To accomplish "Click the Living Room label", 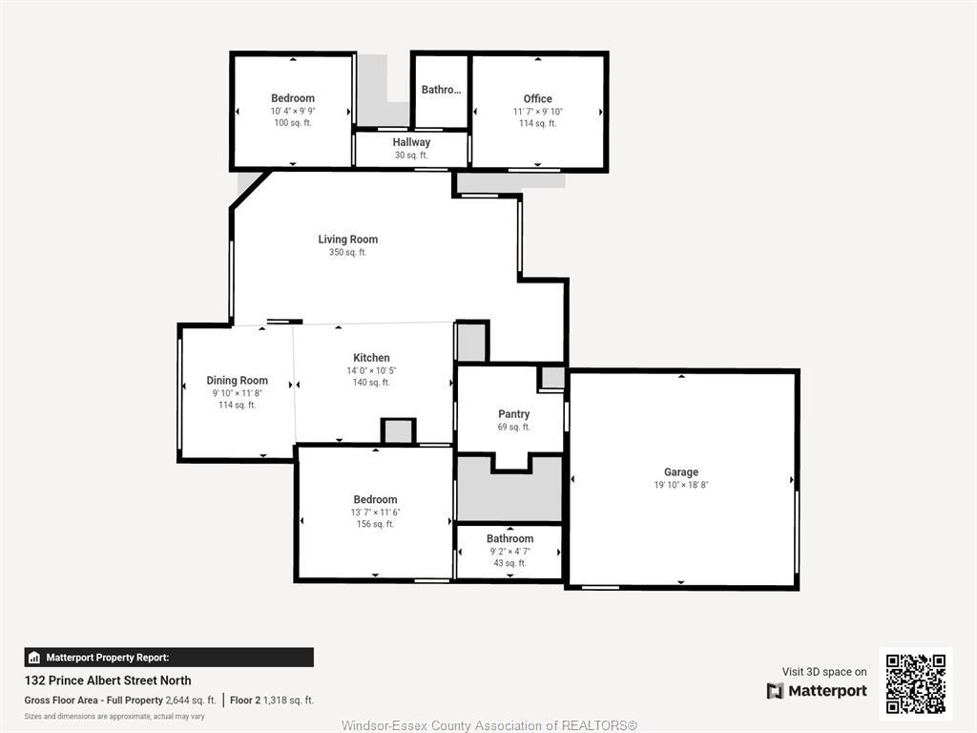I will (x=347, y=240).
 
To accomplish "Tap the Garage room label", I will (x=680, y=472).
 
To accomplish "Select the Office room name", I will (x=537, y=98).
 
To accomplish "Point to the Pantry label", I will (x=513, y=414).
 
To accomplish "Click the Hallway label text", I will (x=411, y=142).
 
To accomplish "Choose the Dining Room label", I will (x=237, y=381).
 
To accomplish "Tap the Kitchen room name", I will (x=371, y=358).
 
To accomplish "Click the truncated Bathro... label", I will (x=441, y=90).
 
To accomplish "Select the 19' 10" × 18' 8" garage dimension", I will (x=680, y=485).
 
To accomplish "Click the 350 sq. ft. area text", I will (x=347, y=253).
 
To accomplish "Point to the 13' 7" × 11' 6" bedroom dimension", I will (x=375, y=513).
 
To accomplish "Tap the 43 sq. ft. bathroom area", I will (x=509, y=563).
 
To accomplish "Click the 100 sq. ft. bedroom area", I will (x=293, y=123).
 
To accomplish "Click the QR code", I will (x=915, y=683).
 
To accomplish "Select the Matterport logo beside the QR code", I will (x=817, y=691).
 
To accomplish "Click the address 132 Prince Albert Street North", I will (x=108, y=681).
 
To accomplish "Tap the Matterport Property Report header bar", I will (x=169, y=658).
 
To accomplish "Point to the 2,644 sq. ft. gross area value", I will (x=191, y=701).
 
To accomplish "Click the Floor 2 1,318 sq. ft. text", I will (x=273, y=701).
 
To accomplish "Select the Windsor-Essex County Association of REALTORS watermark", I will (x=488, y=725).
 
